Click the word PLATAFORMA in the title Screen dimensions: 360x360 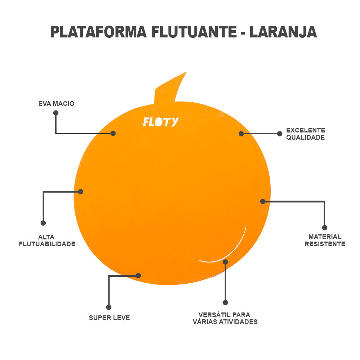(x=98, y=32)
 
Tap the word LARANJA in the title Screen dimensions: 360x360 (x=283, y=32)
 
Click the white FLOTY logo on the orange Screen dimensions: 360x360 (x=161, y=122)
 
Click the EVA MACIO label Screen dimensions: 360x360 (x=56, y=104)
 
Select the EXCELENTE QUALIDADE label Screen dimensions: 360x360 (x=305, y=134)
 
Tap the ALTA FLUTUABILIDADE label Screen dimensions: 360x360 (x=47, y=240)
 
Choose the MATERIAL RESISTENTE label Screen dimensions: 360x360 (x=325, y=240)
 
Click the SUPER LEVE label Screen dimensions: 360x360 (x=109, y=318)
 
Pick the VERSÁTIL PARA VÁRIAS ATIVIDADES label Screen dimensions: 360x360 (x=225, y=318)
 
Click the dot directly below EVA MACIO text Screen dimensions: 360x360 (x=56, y=113)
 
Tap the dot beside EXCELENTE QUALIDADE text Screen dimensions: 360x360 (x=279, y=134)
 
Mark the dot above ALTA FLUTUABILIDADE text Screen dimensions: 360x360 (x=43, y=223)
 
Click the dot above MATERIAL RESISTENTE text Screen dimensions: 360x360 (x=324, y=228)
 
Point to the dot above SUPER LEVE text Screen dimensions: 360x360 (x=109, y=307)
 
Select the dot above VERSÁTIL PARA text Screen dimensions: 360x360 (x=225, y=302)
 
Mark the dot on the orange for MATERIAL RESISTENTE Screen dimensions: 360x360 (x=263, y=201)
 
